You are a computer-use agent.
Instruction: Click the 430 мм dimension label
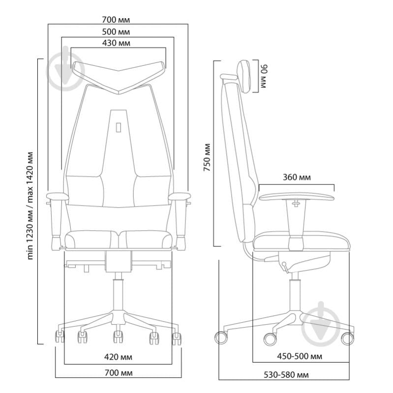(116, 43)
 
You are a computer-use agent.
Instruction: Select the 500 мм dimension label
(116, 32)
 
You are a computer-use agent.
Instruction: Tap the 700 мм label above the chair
(116, 20)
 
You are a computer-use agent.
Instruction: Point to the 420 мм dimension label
(118, 357)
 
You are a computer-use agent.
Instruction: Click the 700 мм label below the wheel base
(119, 373)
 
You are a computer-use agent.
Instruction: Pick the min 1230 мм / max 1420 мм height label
(30, 206)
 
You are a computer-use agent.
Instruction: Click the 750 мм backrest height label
(207, 157)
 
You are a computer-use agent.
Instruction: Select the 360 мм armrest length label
(297, 177)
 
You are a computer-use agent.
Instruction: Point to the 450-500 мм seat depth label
(300, 356)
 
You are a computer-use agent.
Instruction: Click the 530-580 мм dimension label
(286, 375)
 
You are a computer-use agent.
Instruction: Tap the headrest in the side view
(244, 76)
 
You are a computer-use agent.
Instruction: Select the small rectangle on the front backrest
(119, 127)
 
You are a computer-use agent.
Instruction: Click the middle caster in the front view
(118, 336)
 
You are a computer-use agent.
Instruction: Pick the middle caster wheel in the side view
(270, 339)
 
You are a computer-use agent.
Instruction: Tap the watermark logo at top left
(66, 69)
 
